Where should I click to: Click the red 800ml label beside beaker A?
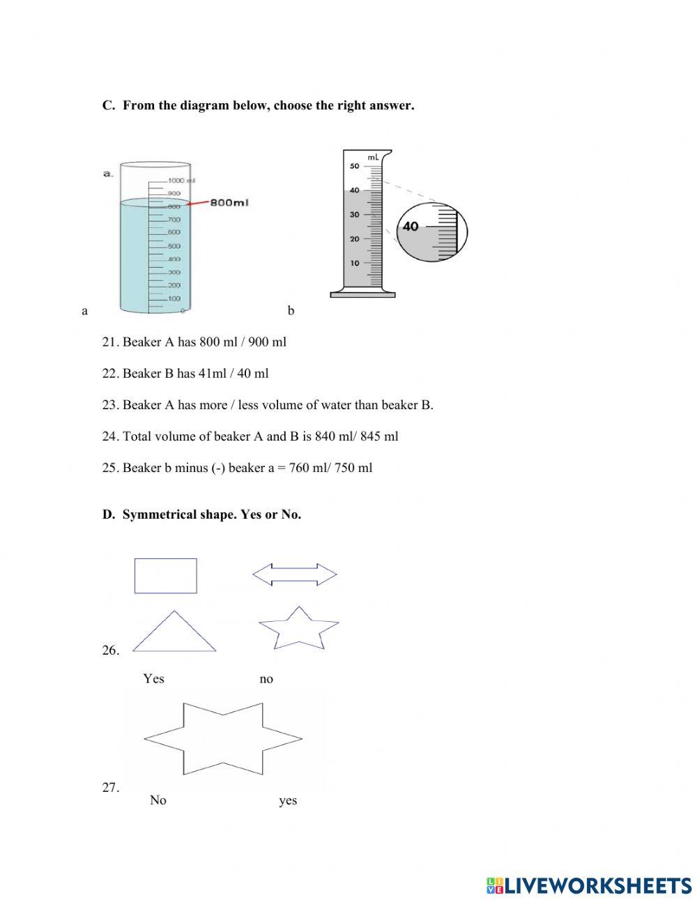pos(229,203)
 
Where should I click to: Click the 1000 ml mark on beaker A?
pos(180,180)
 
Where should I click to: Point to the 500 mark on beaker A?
pos(174,245)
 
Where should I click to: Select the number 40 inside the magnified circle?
pos(411,227)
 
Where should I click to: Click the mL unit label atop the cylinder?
pos(373,158)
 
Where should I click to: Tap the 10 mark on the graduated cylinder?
pos(355,263)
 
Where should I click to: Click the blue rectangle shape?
pos(165,576)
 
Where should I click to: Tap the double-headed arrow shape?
pos(294,574)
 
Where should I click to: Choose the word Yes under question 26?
pos(153,678)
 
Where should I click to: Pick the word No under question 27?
pos(158,800)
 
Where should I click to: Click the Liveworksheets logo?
pos(589,885)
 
